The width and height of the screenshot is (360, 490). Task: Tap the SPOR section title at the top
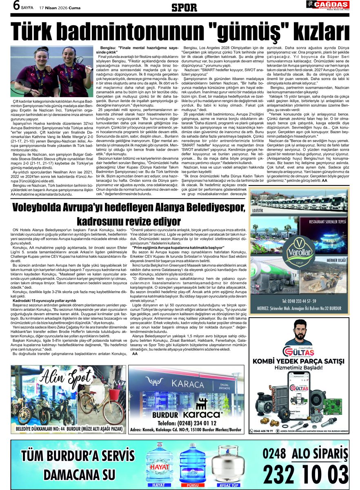coord(184,7)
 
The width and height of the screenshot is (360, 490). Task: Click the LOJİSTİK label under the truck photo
coord(258,211)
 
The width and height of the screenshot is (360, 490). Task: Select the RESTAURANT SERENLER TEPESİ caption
coord(328,222)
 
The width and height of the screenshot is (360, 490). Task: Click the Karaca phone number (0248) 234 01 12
coord(190,423)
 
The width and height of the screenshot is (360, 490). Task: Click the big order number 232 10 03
coord(306,474)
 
